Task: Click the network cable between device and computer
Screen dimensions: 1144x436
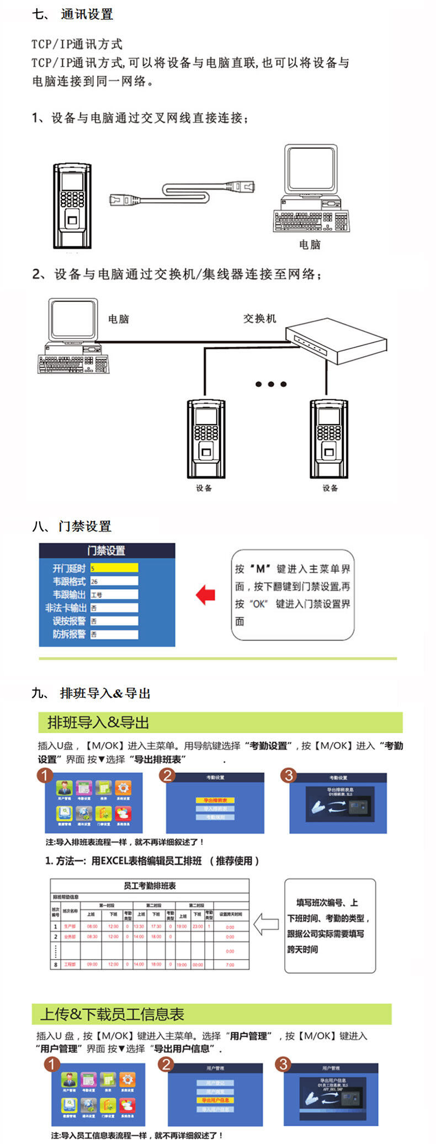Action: [x=183, y=193]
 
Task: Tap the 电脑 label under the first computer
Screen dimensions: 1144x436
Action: [x=310, y=245]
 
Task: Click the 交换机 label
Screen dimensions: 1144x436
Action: [x=259, y=319]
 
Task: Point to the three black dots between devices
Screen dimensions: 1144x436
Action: [x=270, y=384]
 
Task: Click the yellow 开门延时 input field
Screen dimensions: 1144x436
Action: [x=114, y=568]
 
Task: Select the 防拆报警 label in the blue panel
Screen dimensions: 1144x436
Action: [x=69, y=634]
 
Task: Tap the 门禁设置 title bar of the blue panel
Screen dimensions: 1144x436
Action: [x=107, y=550]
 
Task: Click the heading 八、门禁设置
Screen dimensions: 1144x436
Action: [x=72, y=526]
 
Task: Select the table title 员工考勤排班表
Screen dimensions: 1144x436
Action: [x=150, y=886]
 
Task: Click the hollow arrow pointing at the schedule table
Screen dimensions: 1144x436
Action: [x=266, y=924]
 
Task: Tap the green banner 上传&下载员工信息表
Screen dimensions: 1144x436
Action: [x=211, y=1014]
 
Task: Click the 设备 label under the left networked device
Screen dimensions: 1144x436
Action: [x=204, y=488]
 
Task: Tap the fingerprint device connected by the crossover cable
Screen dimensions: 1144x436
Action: [x=72, y=205]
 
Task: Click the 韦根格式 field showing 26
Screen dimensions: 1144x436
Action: [x=114, y=581]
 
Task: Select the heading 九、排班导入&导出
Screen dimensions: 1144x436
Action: [x=91, y=693]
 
